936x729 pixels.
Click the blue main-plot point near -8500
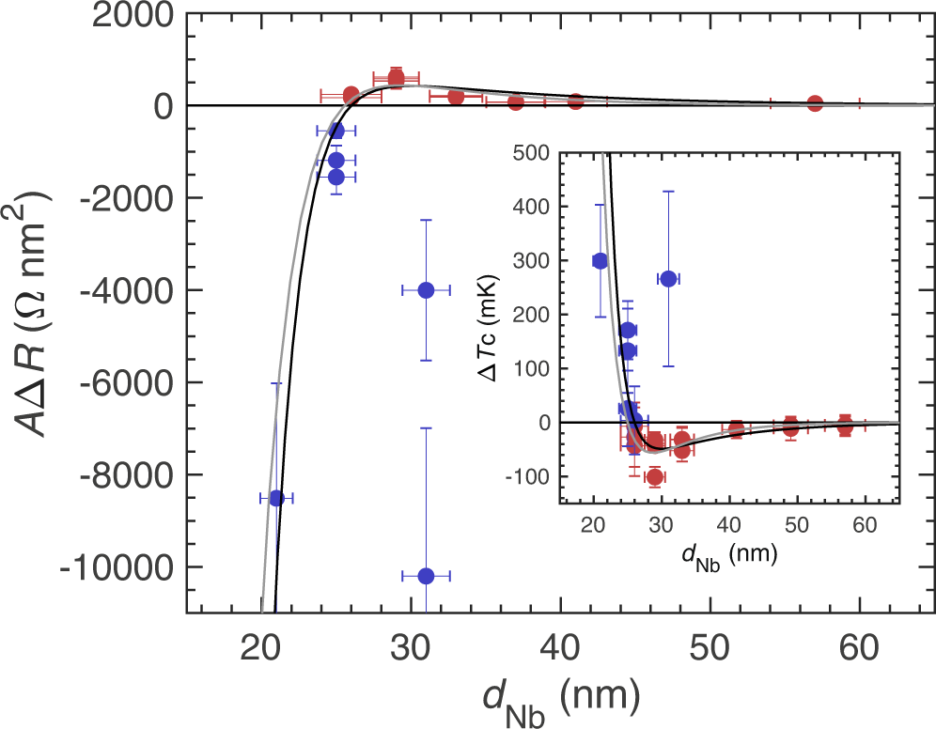[x=276, y=498]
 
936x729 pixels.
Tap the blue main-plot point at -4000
[x=426, y=290]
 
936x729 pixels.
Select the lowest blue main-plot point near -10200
[x=426, y=575]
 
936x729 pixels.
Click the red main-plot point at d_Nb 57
[x=815, y=103]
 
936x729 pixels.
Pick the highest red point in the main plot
[x=396, y=78]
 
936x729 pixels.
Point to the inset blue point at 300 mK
[x=601, y=261]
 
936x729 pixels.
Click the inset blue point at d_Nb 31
[x=668, y=279]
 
